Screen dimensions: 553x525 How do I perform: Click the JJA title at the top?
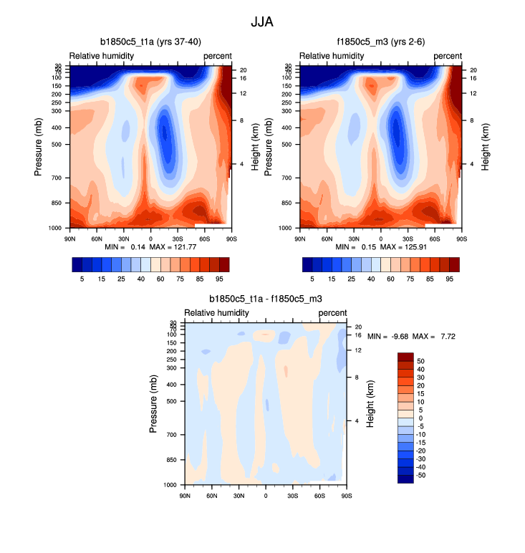tap(262, 22)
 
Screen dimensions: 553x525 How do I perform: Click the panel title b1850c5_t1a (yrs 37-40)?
tap(149, 42)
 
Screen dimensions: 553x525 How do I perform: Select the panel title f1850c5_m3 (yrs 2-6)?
tap(380, 42)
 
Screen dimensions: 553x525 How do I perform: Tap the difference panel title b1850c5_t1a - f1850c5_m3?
tap(265, 299)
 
